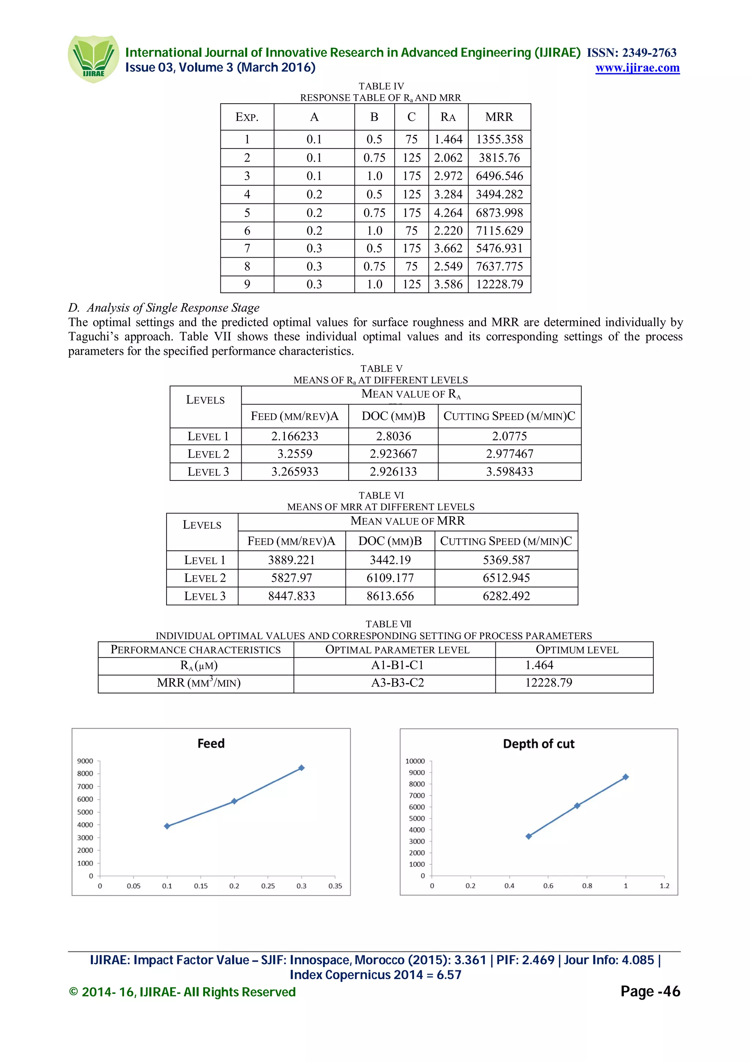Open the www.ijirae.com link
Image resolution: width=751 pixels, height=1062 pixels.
point(637,68)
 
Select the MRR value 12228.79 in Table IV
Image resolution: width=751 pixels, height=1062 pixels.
point(499,284)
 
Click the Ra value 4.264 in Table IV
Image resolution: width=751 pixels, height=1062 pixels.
point(448,213)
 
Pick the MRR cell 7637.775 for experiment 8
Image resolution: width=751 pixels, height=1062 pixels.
point(499,266)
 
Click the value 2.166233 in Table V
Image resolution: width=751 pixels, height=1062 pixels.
point(295,436)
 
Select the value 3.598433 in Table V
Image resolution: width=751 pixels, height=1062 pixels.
point(509,472)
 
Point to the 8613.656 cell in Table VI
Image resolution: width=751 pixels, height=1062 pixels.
point(390,596)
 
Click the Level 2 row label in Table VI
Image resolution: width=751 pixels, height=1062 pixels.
point(205,578)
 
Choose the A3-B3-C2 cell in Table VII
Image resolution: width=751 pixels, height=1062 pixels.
point(398,683)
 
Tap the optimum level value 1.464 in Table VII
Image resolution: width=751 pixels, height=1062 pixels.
point(539,665)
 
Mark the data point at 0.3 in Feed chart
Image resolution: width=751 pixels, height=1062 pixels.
point(301,768)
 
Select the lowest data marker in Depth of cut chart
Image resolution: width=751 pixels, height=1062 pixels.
point(528,836)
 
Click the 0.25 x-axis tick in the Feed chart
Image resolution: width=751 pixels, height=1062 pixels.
point(268,886)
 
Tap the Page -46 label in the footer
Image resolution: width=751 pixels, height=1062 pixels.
point(650,992)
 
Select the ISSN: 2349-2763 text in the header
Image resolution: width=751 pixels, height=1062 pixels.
point(631,53)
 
